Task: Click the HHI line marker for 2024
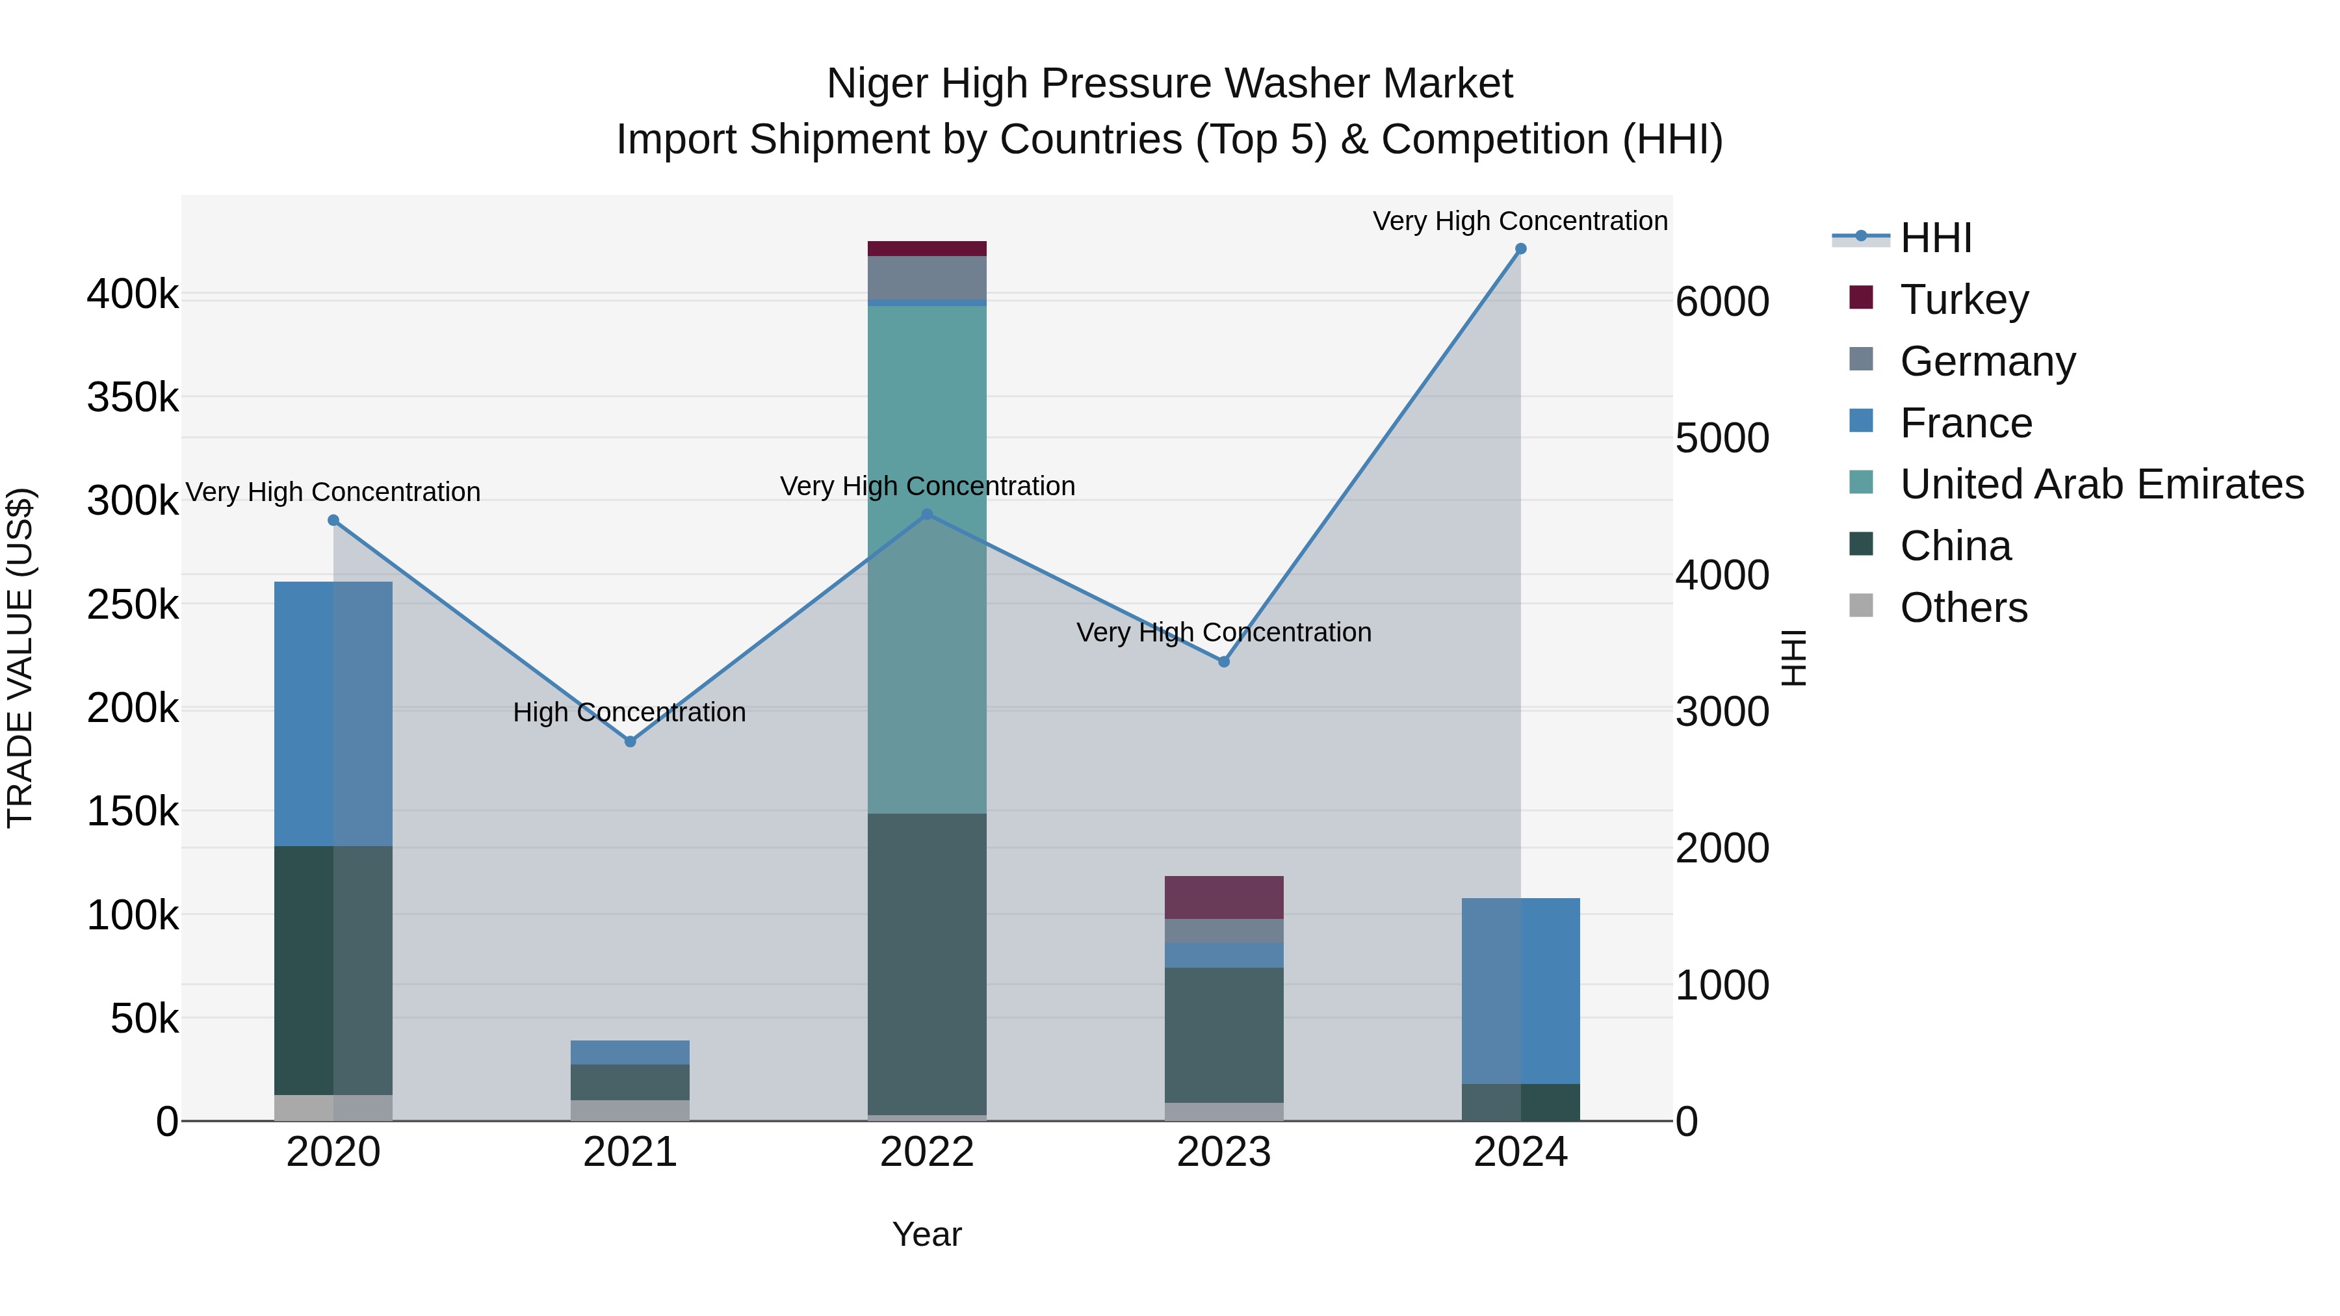(x=1520, y=249)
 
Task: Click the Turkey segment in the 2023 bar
(x=1223, y=897)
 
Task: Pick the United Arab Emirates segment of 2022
(x=926, y=558)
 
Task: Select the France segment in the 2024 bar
(x=1520, y=990)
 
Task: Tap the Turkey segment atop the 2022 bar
(x=926, y=249)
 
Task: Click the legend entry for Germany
(x=1986, y=361)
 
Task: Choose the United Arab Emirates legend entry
(x=2101, y=484)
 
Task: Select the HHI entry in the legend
(x=1935, y=238)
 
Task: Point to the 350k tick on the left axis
(x=133, y=398)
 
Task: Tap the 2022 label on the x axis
(x=926, y=1152)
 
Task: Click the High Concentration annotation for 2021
(x=629, y=712)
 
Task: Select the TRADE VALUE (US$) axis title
(x=20, y=658)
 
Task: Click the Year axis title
(x=926, y=1234)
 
